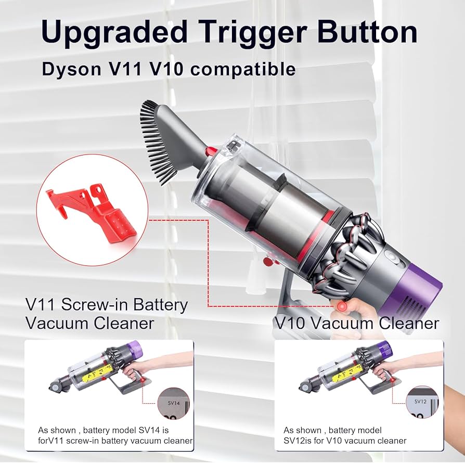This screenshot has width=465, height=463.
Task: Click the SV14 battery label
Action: pyautogui.click(x=171, y=402)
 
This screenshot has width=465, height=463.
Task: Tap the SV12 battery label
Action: pyautogui.click(x=420, y=402)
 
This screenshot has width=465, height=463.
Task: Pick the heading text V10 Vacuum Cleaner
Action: pyautogui.click(x=356, y=323)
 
